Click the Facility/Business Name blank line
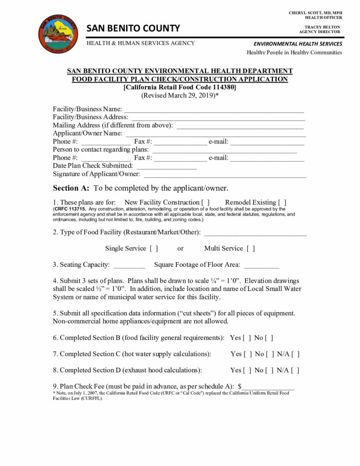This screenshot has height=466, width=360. [x=214, y=110]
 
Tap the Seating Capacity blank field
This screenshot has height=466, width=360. [x=129, y=265]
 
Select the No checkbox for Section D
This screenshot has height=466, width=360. [x=269, y=370]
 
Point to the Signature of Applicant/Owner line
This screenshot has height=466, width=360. [x=225, y=175]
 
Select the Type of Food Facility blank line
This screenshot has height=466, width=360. [x=255, y=233]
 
